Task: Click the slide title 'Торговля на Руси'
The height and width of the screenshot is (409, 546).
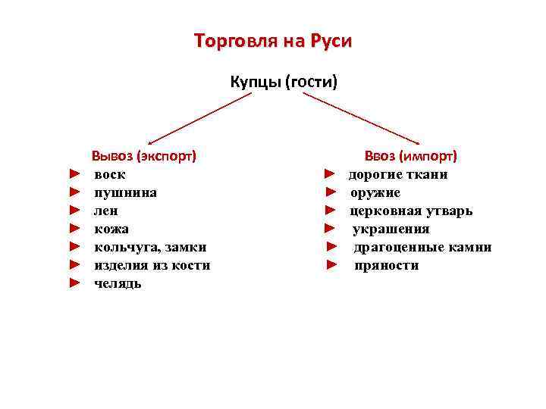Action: [x=273, y=40]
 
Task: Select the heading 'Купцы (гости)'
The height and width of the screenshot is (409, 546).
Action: [x=284, y=81]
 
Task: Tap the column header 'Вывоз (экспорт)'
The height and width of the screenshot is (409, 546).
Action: [x=144, y=156]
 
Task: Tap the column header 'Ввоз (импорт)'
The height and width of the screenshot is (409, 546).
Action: [x=410, y=156]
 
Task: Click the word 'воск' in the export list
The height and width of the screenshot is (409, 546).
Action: [x=110, y=174]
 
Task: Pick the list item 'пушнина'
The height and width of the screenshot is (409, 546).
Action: [x=126, y=192]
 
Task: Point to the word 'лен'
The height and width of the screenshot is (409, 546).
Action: [x=106, y=211]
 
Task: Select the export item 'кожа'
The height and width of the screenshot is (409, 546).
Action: [x=111, y=229]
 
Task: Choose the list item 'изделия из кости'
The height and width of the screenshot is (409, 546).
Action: [x=152, y=265]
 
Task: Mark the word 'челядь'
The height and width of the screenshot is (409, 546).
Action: [x=118, y=283]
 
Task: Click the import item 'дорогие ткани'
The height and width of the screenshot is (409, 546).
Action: [x=398, y=174]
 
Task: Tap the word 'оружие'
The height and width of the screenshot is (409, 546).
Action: [x=375, y=192]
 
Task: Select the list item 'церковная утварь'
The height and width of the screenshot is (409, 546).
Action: [x=411, y=211]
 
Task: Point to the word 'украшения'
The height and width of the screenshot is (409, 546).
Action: [x=391, y=229]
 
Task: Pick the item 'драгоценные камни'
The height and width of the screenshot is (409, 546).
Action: [x=422, y=247]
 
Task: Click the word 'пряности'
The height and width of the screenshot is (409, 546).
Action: [x=387, y=265]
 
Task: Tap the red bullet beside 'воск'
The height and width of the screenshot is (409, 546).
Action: [x=74, y=174]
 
